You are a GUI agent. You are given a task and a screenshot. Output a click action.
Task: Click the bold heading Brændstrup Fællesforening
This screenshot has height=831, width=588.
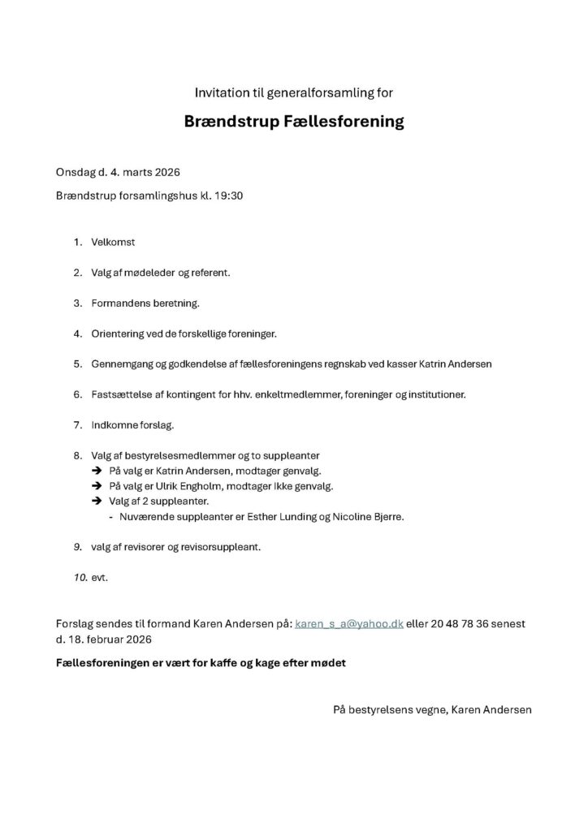click(293, 123)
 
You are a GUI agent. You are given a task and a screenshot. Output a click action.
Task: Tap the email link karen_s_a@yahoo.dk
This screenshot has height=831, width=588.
click(348, 624)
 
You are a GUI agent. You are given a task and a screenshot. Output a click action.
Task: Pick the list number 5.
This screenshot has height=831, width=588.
click(77, 364)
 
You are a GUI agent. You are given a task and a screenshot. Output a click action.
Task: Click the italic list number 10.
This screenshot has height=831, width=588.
click(79, 578)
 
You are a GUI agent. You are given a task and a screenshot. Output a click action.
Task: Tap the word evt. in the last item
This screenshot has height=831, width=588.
click(100, 578)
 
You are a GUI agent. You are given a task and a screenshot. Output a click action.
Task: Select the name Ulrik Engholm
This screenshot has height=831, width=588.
click(179, 486)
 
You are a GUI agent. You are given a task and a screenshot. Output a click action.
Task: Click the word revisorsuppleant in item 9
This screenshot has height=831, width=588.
click(223, 547)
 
